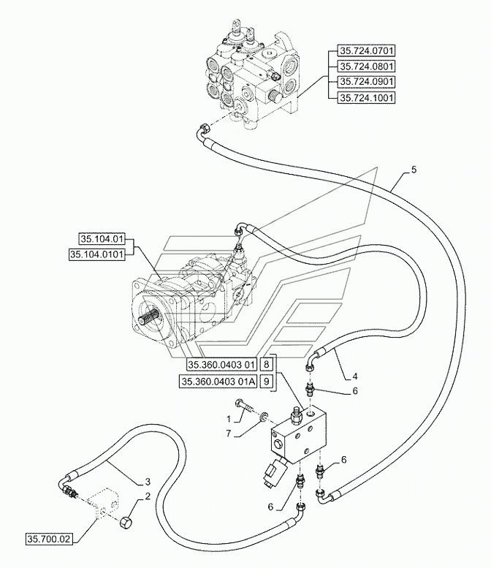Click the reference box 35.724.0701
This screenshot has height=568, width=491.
(366, 50)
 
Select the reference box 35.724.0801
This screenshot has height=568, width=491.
(366, 67)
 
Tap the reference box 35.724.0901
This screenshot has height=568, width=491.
(366, 82)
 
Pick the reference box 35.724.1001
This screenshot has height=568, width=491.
(366, 97)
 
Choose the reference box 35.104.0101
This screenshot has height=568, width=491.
(97, 254)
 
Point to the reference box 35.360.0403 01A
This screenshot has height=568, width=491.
(218, 382)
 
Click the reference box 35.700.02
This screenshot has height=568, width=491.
(49, 539)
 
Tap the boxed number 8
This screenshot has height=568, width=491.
(266, 364)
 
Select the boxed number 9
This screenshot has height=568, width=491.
(266, 382)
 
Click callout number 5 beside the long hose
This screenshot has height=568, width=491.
(414, 170)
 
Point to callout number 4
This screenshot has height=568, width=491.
(355, 376)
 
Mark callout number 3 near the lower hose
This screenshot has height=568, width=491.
(148, 482)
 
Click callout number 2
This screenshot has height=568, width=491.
(148, 496)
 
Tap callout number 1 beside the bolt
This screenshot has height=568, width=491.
(229, 420)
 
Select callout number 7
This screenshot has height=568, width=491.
(229, 433)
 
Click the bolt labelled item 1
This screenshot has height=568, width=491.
(245, 406)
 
